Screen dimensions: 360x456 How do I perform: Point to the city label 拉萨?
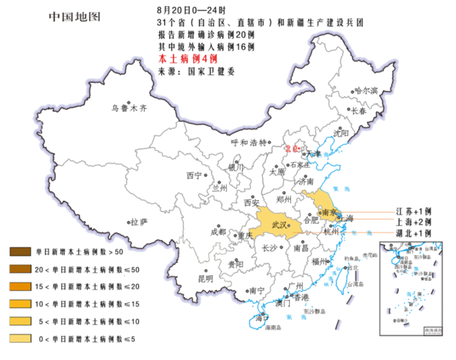coord(139,222)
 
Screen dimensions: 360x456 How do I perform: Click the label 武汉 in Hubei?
coord(280,225)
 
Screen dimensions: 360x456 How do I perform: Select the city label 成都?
coord(218,232)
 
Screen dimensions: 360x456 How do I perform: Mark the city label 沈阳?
coord(341,133)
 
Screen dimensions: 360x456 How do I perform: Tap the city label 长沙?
coord(269,248)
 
